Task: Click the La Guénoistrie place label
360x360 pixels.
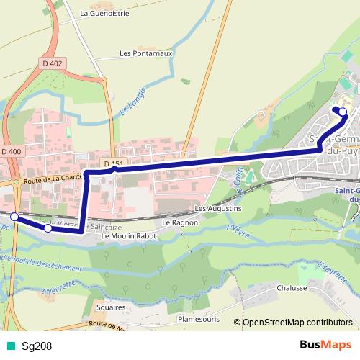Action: (x=104, y=13)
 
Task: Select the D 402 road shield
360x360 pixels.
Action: (x=53, y=64)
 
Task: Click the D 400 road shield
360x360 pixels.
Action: (x=12, y=152)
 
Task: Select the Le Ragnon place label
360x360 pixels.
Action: (x=175, y=222)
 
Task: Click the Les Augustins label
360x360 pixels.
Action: (x=218, y=209)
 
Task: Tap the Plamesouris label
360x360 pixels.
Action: (x=197, y=320)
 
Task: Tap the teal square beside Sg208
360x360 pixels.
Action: (x=11, y=346)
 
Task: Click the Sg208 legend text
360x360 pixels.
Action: (x=37, y=346)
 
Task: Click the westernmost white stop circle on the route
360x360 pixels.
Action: (x=14, y=215)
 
